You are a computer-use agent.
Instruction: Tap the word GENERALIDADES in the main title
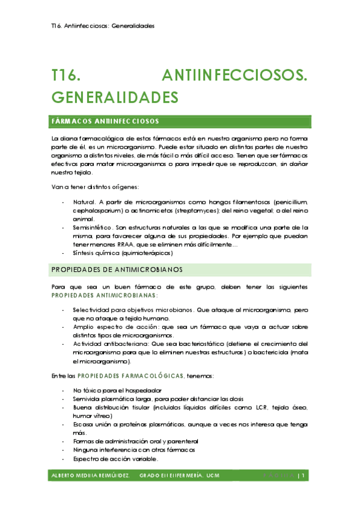(x=115, y=97)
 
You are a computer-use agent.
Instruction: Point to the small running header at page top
(x=103, y=26)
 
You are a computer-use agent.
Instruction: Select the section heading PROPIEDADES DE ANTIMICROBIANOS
(x=117, y=268)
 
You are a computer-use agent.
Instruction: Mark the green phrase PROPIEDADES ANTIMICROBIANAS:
(x=105, y=296)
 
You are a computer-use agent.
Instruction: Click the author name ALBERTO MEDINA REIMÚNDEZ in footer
(x=90, y=476)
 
